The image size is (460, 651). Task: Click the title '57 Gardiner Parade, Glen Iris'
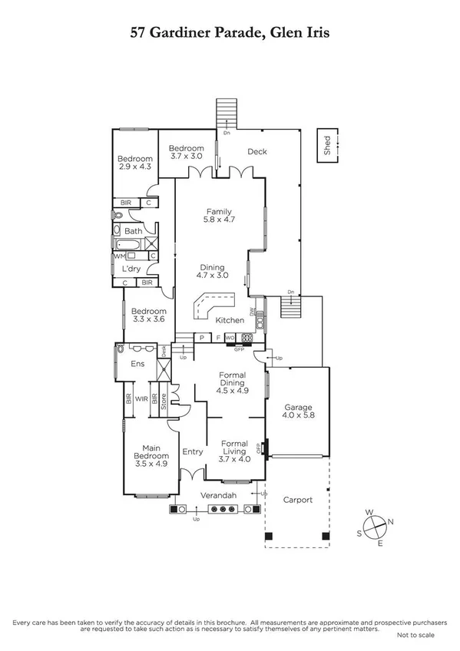(230, 35)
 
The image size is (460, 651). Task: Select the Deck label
(256, 151)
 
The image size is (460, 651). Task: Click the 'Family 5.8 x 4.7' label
(218, 216)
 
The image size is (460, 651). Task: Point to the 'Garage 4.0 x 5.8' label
(297, 412)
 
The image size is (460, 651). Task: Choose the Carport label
(297, 500)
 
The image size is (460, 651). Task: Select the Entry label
(192, 451)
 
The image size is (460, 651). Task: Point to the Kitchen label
(230, 320)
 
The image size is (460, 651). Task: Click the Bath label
(133, 230)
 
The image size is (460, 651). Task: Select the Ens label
(139, 364)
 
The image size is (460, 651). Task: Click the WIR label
(141, 399)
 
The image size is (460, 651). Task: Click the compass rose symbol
(375, 527)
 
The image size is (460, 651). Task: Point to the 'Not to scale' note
(415, 636)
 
